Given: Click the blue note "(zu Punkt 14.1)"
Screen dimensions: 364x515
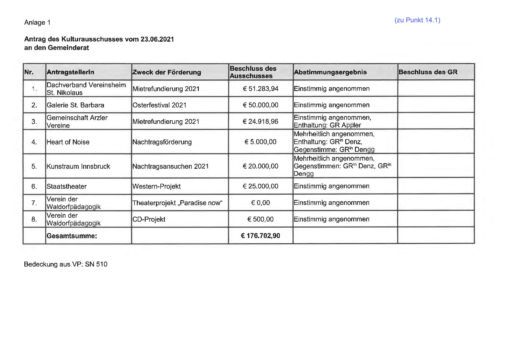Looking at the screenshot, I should click(x=417, y=20).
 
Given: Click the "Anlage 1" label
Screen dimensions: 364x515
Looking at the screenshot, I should click(x=37, y=23).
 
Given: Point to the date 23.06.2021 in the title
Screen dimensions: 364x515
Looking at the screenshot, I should click(x=157, y=39).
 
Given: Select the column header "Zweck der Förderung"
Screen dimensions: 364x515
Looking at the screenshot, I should click(x=166, y=72).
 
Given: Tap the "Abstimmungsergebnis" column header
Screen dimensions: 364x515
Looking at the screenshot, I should click(x=330, y=72).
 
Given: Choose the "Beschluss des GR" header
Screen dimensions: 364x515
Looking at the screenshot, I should click(x=428, y=72).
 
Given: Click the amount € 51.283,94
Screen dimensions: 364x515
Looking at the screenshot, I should click(x=261, y=89).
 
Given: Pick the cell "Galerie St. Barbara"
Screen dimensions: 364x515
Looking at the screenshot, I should click(x=75, y=105).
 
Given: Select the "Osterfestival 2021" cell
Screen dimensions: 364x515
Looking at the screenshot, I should click(x=159, y=105).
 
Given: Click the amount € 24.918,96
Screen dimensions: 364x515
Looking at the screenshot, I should click(x=261, y=122).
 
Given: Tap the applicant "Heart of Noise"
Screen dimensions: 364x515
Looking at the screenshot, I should click(x=68, y=142).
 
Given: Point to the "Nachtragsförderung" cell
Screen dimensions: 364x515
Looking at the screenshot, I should click(x=162, y=142).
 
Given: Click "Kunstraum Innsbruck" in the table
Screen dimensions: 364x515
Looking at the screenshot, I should click(x=78, y=166).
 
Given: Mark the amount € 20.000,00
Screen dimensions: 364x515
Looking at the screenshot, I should click(x=261, y=166).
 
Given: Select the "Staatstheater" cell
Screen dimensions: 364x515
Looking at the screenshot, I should click(x=66, y=186).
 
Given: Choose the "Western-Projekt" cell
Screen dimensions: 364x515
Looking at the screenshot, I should click(x=156, y=186).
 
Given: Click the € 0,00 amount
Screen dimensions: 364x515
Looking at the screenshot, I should click(x=261, y=203).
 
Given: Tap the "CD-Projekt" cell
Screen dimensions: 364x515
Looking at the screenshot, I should click(x=149, y=219).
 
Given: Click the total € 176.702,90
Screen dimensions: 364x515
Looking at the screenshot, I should click(x=260, y=236).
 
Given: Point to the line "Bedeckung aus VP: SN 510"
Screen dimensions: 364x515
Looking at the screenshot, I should click(x=65, y=264).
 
